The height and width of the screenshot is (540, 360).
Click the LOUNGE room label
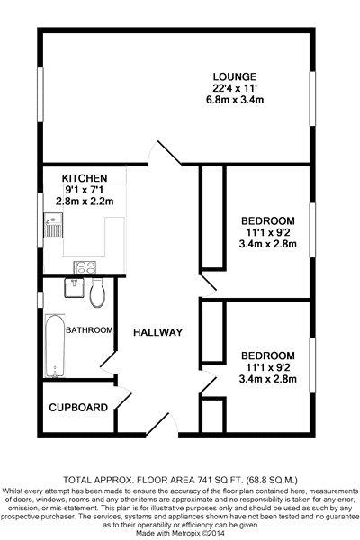235,76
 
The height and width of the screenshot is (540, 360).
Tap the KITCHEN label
85,178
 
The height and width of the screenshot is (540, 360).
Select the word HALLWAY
158,332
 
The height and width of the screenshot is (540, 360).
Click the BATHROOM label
89,330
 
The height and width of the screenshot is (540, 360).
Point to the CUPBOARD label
78,408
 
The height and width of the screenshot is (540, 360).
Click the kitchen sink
53,226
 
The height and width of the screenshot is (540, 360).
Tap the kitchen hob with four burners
85,267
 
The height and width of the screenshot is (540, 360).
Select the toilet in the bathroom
97,292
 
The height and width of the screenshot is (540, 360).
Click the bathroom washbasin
74,288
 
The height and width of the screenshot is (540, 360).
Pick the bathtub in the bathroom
55,346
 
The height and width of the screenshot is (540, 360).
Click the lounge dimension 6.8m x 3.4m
234,100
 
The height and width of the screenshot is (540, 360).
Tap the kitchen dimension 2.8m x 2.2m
85,201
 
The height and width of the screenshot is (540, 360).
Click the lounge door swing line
169,153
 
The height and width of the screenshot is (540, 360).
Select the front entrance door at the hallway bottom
157,425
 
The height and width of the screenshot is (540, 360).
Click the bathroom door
109,361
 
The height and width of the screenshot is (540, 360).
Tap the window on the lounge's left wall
40,94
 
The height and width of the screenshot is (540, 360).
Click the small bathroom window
40,300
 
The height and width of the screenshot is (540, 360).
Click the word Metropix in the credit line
191,533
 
